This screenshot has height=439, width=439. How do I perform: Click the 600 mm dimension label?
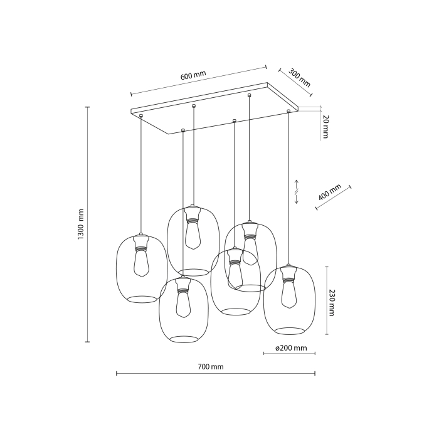tap(193, 76)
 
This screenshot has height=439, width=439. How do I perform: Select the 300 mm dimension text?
tap(300, 77)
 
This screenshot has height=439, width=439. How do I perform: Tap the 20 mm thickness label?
tap(324, 127)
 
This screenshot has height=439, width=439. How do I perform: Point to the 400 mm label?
tap(330, 193)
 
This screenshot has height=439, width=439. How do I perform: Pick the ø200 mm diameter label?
tap(291, 347)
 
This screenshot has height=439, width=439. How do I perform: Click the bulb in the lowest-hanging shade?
tap(183, 305)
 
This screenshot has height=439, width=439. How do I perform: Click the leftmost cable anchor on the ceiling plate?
tap(142, 115)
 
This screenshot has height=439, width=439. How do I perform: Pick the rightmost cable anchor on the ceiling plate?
tap(288, 111)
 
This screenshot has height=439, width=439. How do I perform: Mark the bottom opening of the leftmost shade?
tap(143, 299)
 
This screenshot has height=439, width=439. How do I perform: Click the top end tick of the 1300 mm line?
tap(87, 107)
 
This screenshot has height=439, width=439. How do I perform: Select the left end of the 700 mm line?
tap(117, 374)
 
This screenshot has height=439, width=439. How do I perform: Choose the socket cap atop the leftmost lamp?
tap(142, 240)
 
